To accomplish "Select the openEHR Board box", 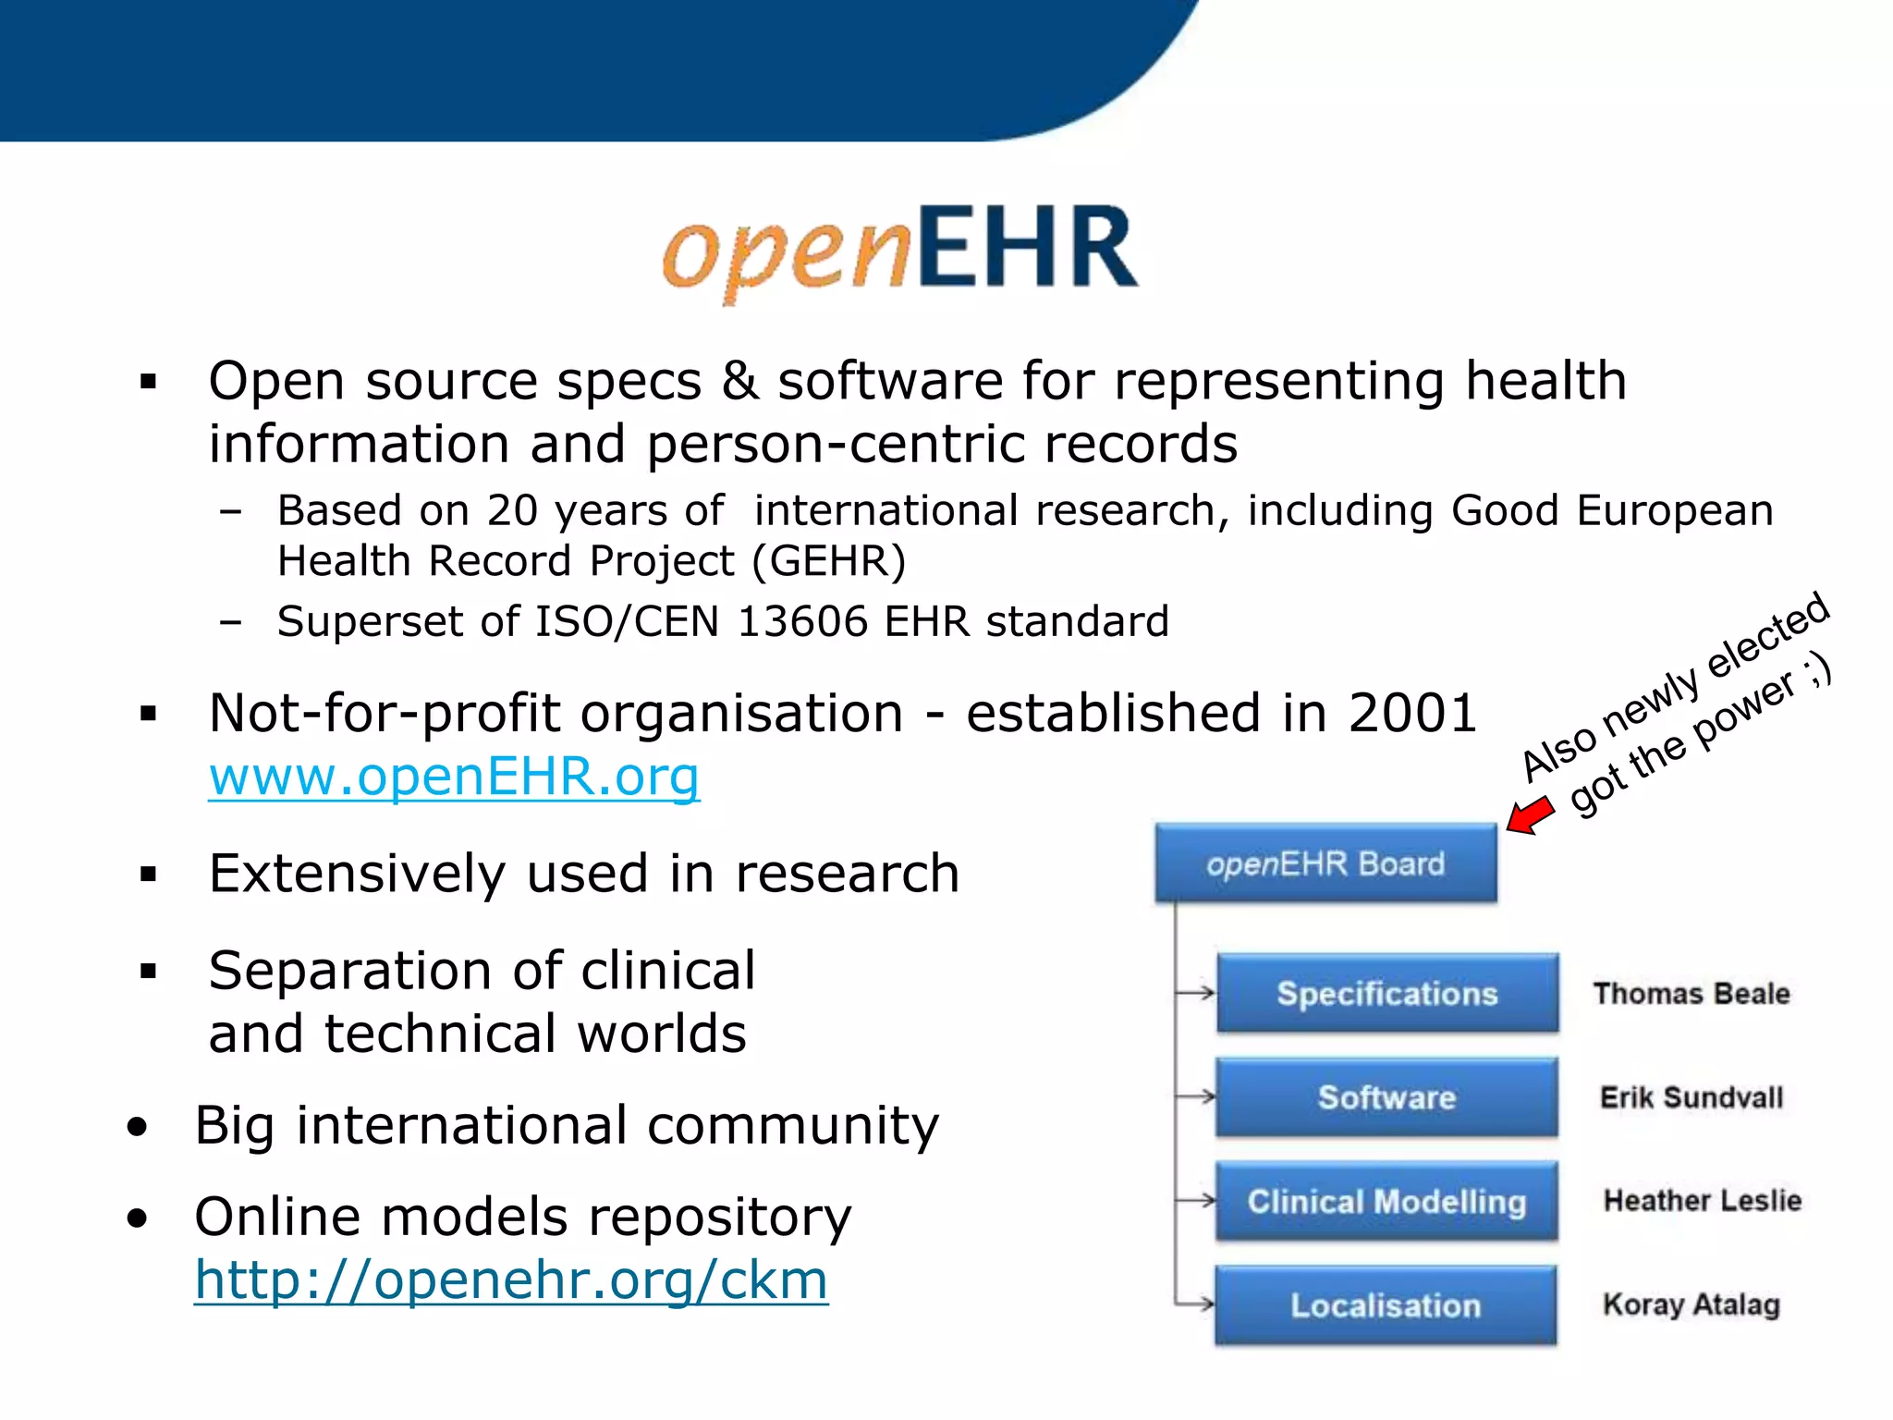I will click(1325, 863).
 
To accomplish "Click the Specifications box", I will click(1386, 993).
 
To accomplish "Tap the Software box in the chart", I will click(1386, 1097).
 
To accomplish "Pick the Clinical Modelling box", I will click(1386, 1201).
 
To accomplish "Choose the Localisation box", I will click(1386, 1305).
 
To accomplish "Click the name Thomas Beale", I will click(1691, 994).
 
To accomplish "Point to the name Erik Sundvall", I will click(1691, 1097).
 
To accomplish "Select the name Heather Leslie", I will click(1703, 1200).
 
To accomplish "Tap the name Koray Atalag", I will click(1691, 1304).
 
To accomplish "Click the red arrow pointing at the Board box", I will click(1531, 816).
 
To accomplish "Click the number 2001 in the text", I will click(1412, 713).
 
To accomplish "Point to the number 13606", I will click(802, 621).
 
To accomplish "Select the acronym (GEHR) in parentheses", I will click(829, 561).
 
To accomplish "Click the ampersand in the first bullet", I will click(740, 381).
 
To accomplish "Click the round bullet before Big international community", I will click(138, 1127).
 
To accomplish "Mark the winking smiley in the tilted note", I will click(1818, 670).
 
